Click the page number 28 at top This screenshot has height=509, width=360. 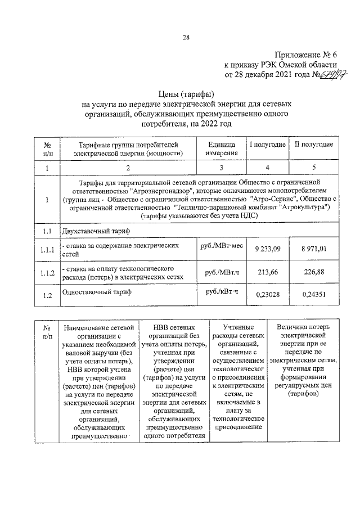[185, 38]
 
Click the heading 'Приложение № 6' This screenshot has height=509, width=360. [308, 55]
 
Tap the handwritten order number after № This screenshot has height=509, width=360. [334, 74]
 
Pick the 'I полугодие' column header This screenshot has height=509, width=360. [267, 145]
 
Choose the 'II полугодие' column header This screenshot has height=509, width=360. [314, 145]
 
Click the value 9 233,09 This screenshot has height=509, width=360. [268, 249]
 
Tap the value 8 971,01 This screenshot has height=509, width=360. [314, 249]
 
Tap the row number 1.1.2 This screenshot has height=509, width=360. [47, 273]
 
